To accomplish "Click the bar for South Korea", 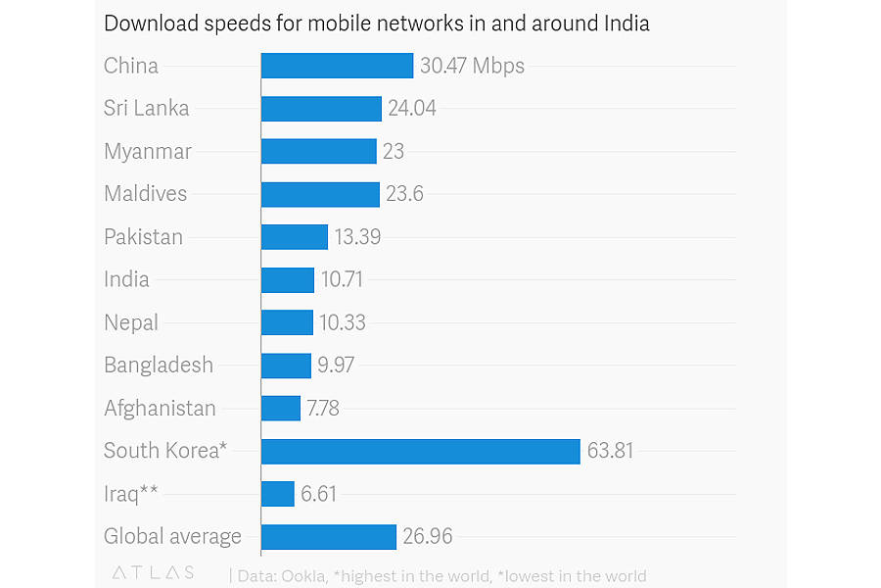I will pos(420,451).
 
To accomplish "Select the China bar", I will pos(337,66).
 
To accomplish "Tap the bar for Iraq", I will pos(277,494).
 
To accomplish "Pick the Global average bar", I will pos(328,536).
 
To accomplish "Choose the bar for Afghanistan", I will pos(280,408).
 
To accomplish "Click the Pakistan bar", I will pos(294,236).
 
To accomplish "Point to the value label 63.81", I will pos(610,451).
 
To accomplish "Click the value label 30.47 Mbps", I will pos(472,66).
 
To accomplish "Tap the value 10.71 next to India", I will pos(342,279).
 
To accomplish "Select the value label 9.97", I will pos(336,366).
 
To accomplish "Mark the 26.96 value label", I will pos(428,536).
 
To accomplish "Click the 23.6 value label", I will pos(404,194).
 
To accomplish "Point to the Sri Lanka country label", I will pos(146,108).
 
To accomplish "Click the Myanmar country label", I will pos(148,151).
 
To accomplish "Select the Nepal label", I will pos(131,322).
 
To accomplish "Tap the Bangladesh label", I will pos(159,365).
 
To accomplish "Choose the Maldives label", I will pos(145,193).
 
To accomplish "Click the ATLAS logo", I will pos(153,572).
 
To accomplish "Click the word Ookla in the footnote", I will pos(305,575).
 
